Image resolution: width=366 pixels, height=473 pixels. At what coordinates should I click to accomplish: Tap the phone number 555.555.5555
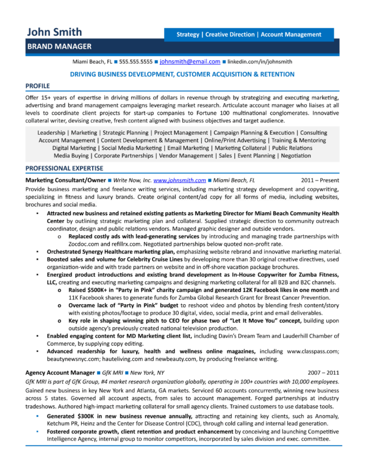tap(136, 62)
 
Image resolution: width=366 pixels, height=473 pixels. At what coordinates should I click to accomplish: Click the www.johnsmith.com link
tap(179, 181)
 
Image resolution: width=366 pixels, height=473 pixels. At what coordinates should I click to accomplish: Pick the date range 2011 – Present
tap(321, 181)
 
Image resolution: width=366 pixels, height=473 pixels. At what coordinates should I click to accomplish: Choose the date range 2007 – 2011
tap(323, 372)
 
